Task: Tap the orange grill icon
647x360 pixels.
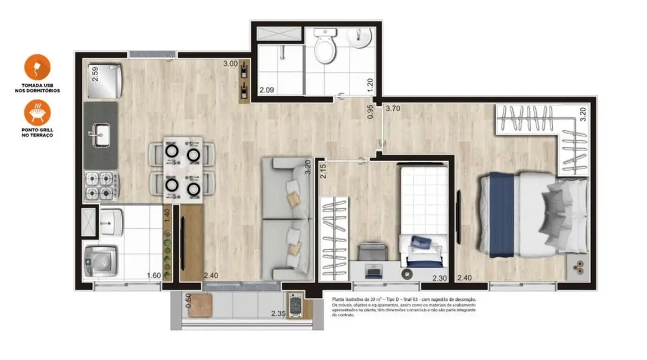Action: click(x=37, y=112)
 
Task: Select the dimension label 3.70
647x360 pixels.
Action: click(x=393, y=109)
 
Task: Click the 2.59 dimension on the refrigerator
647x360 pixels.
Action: click(x=95, y=74)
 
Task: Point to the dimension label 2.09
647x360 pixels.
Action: click(x=268, y=90)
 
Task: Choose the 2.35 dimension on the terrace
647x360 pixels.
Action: click(x=279, y=315)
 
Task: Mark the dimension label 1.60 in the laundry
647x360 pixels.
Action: click(x=154, y=276)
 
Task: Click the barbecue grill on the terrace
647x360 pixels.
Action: click(x=295, y=305)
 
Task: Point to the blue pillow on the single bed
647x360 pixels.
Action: click(x=424, y=243)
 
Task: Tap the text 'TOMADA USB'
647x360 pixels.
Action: click(x=37, y=85)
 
